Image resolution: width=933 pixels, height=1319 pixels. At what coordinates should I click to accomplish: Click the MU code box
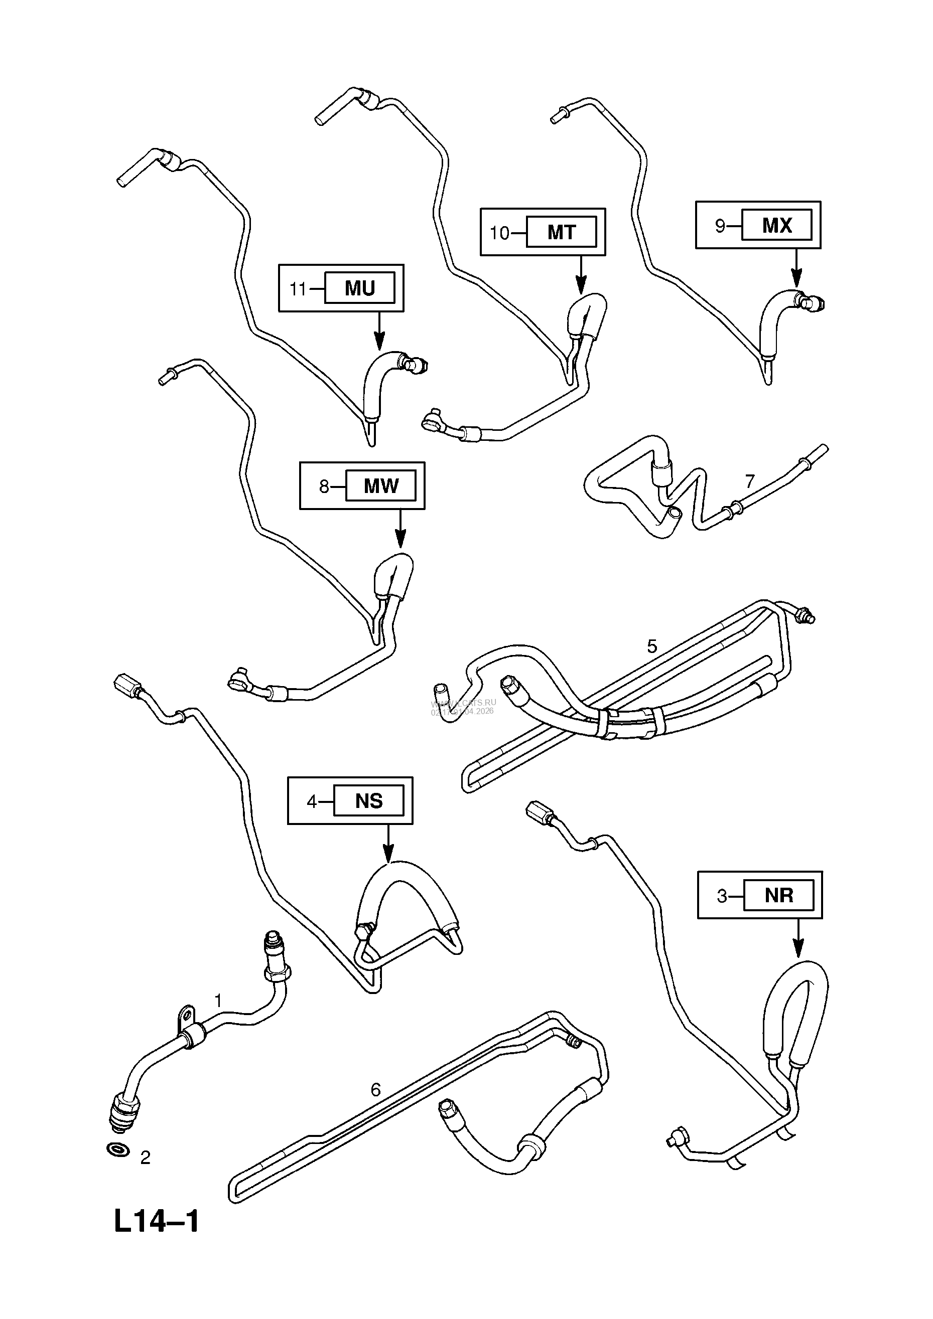360,288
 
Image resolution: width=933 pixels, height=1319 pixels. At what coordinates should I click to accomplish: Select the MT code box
561,232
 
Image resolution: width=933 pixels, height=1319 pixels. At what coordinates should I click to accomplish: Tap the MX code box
776,225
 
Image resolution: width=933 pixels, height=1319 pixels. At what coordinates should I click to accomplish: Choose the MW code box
380,486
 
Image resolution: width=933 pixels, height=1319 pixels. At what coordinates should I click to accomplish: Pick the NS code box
368,801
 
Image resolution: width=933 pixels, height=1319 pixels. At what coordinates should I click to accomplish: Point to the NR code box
779,895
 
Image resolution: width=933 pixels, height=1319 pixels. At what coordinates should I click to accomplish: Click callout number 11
298,288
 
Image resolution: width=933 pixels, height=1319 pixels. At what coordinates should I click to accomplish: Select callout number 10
499,233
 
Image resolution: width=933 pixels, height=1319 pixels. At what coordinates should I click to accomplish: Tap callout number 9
720,226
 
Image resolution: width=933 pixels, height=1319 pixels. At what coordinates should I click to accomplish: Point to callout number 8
324,486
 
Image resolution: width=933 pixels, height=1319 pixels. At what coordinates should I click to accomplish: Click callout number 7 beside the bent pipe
750,481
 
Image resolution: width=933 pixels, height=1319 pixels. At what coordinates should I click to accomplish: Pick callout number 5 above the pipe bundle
652,646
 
